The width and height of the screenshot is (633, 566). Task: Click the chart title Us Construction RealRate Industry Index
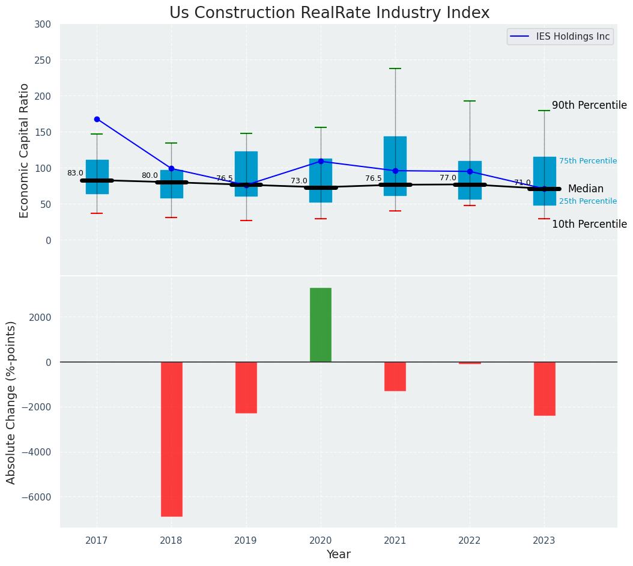pos(329,13)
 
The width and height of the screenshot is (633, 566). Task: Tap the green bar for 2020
pos(321,325)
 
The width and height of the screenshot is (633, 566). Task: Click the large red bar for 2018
pos(172,439)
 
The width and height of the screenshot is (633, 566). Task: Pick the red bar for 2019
pos(246,387)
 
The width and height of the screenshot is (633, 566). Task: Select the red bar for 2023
pos(544,388)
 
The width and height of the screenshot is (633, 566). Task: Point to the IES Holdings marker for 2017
pos(97,119)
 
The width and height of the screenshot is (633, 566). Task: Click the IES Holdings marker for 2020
pos(321,161)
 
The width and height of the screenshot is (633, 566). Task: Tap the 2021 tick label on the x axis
pos(395,541)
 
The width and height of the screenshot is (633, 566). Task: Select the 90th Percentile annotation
pos(589,105)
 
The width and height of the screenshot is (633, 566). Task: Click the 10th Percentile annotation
pos(589,224)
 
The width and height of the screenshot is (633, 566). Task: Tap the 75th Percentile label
pos(588,161)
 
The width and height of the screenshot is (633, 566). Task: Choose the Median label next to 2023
pos(586,189)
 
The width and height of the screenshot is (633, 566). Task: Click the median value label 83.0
pos(75,173)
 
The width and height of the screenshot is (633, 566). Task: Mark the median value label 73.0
pos(299,181)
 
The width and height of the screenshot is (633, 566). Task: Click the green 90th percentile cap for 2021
pos(395,68)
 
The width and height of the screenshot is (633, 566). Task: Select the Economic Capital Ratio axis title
pos(25,150)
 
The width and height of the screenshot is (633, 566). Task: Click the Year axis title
pos(338,555)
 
